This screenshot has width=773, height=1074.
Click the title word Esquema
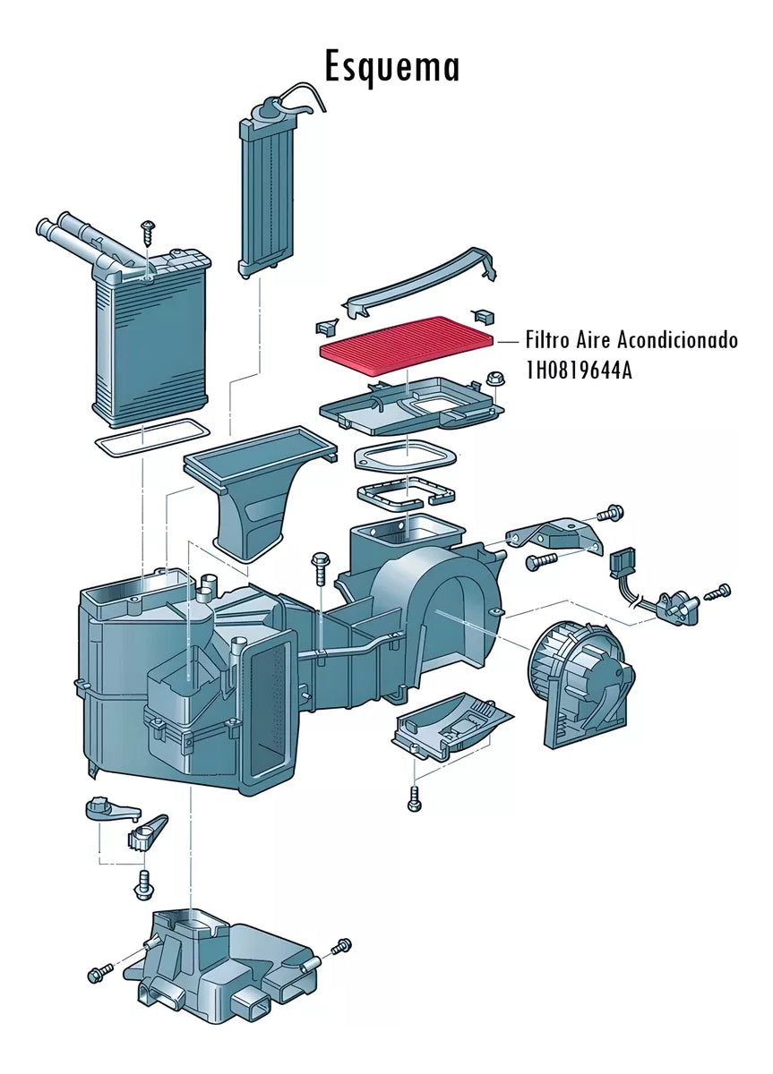tap(391, 67)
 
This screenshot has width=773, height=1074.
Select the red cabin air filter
tap(408, 348)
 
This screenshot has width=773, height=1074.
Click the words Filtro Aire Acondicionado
tap(631, 341)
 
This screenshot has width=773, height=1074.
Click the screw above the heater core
tap(148, 231)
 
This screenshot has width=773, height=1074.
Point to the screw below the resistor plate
tap(414, 797)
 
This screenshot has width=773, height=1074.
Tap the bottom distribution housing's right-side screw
tap(341, 947)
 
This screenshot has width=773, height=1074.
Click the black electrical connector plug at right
tap(621, 565)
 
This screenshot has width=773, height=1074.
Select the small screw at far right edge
tap(720, 591)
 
